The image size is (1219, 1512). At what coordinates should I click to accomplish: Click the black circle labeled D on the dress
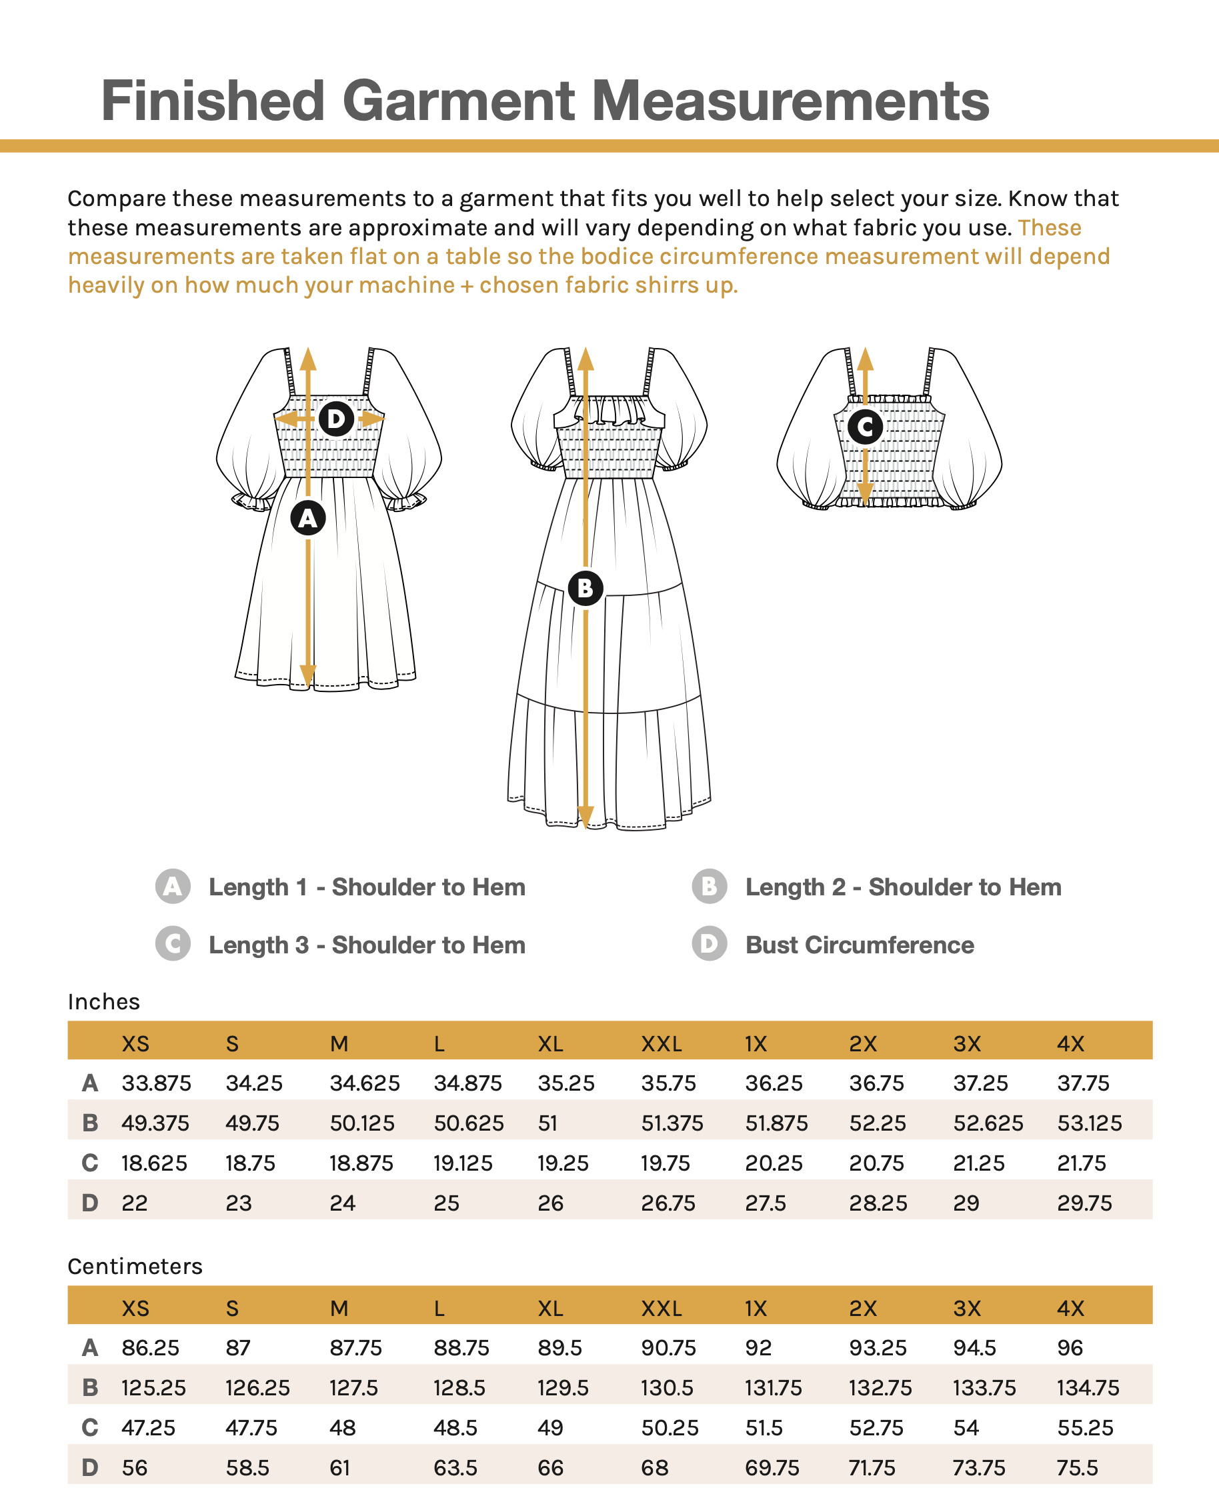[335, 419]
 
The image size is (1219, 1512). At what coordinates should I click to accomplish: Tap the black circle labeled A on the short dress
[307, 518]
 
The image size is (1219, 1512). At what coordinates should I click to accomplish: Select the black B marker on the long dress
[585, 588]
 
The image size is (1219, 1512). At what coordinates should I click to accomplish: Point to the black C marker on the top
[864, 426]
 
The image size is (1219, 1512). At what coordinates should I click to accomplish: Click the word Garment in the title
[458, 101]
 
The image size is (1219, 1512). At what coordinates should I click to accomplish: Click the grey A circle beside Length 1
[173, 887]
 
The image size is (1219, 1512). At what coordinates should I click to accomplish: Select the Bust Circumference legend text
[860, 945]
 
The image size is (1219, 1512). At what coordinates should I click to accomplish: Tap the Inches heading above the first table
[104, 1002]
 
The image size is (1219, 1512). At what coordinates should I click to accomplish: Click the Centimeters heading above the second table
[135, 1266]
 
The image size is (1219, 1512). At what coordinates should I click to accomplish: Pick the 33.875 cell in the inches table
[156, 1083]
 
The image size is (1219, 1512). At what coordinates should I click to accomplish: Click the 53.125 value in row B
[1089, 1123]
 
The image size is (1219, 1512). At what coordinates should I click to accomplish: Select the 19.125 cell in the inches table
[463, 1163]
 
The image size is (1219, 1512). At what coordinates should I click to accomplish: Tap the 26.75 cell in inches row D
[668, 1203]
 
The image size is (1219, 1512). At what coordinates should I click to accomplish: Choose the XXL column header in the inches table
[661, 1044]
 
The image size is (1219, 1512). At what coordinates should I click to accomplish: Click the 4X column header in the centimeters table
[1070, 1309]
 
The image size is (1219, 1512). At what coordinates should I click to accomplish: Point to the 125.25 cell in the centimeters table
[153, 1388]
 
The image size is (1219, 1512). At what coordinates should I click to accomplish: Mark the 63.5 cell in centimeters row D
[455, 1468]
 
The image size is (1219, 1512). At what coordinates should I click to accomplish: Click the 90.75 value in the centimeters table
[668, 1348]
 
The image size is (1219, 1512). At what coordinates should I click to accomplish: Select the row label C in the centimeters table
[90, 1428]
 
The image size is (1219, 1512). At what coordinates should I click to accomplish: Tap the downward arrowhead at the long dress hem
[585, 817]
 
